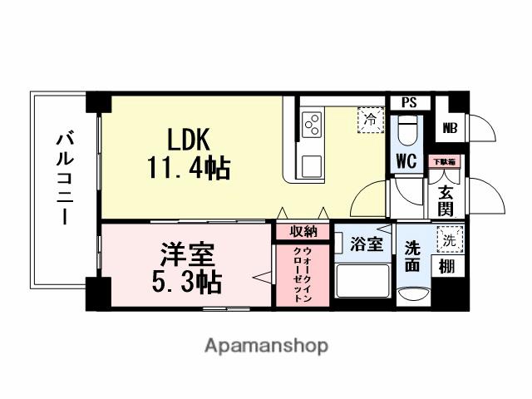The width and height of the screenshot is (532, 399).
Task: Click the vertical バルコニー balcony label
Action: (x=62, y=179)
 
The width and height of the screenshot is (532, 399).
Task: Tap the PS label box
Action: (x=408, y=103)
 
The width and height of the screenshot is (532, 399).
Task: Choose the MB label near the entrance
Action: (x=450, y=128)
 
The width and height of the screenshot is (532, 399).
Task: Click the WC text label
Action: (x=406, y=159)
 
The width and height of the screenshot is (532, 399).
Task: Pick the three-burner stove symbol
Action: (x=313, y=126)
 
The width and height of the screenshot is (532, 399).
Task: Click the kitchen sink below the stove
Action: (x=313, y=164)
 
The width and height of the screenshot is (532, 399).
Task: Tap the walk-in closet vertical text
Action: (x=303, y=273)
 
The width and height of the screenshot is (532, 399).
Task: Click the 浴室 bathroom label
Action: (x=366, y=244)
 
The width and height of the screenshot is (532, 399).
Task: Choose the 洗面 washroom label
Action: (x=413, y=257)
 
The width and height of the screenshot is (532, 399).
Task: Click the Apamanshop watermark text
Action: (x=266, y=344)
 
